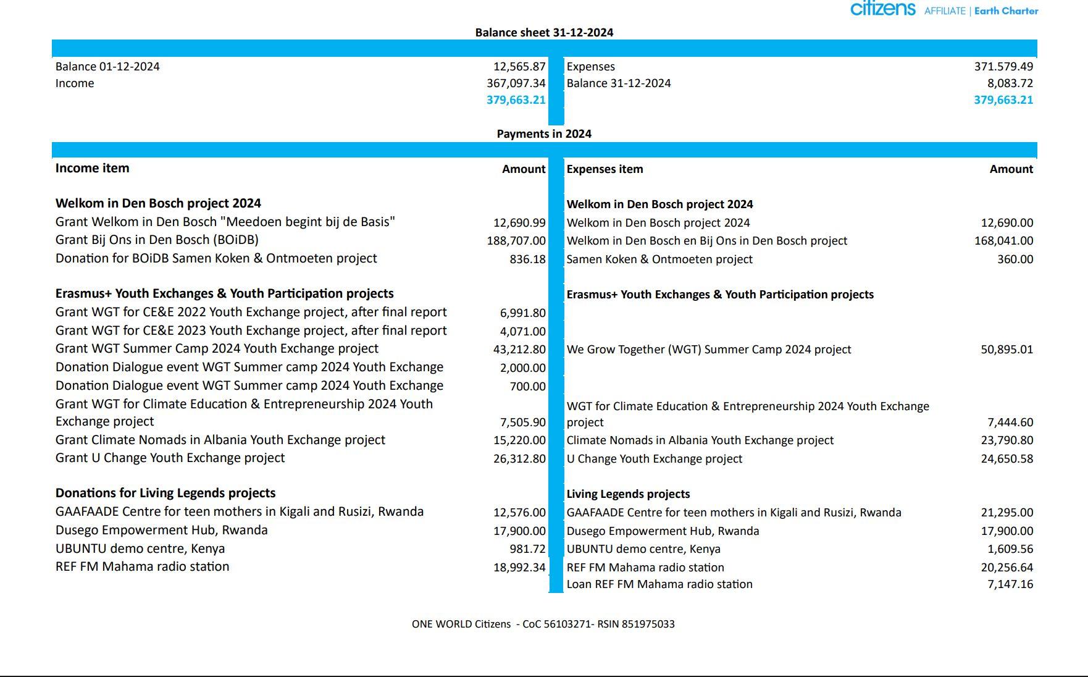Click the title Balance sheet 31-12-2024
coord(544,33)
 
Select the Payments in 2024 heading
coord(544,134)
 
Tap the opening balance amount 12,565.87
coord(519,67)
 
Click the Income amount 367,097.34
coord(516,83)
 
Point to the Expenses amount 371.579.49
coord(1003,67)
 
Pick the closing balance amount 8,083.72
coord(1010,83)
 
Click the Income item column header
coord(93,168)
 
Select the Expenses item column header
coord(605,169)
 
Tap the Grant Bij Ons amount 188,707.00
coord(516,240)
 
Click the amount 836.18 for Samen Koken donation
coord(527,259)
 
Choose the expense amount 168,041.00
coord(1003,241)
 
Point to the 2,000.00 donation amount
coord(522,368)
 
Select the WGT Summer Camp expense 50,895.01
coord(1006,350)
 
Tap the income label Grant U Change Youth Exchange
coord(170,458)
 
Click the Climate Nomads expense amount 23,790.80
coord(1006,440)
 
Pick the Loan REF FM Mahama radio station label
coord(659,584)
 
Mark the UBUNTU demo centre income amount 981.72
coord(527,549)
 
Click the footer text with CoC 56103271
coord(543,624)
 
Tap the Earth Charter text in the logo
coord(1006,11)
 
